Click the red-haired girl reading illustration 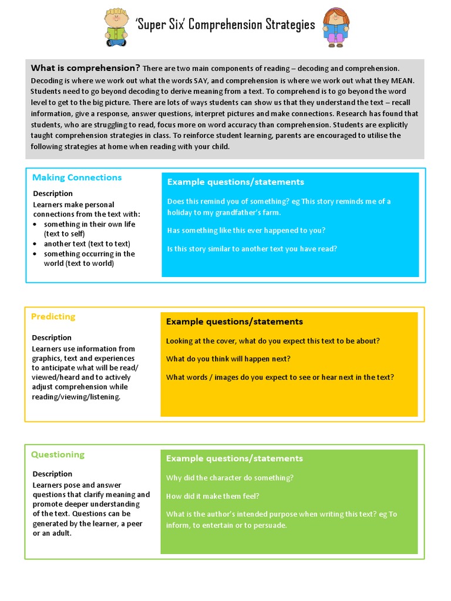click(336, 28)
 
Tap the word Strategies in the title click(287, 25)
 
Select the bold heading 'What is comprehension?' click(85, 68)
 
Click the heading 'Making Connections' click(77, 177)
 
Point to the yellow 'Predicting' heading click(53, 316)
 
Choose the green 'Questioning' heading click(58, 454)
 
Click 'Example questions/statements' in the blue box click(235, 182)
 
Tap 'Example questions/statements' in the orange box click(234, 322)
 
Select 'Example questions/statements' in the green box click(234, 458)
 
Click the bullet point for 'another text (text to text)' click(36, 244)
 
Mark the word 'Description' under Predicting click(52, 337)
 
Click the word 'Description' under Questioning click(52, 474)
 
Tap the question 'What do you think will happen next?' click(228, 359)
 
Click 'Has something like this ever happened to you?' click(246, 230)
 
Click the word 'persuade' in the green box click(272, 525)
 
